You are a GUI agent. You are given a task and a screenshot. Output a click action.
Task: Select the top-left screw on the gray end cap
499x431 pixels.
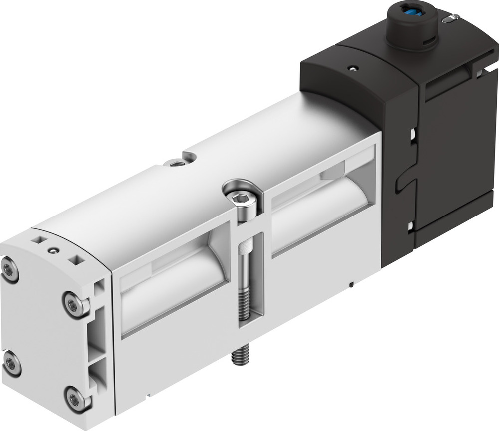coord(10,270)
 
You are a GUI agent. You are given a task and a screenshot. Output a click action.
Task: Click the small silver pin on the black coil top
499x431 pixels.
coord(452,18)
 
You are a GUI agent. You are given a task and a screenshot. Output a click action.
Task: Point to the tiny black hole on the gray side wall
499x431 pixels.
coord(352,285)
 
